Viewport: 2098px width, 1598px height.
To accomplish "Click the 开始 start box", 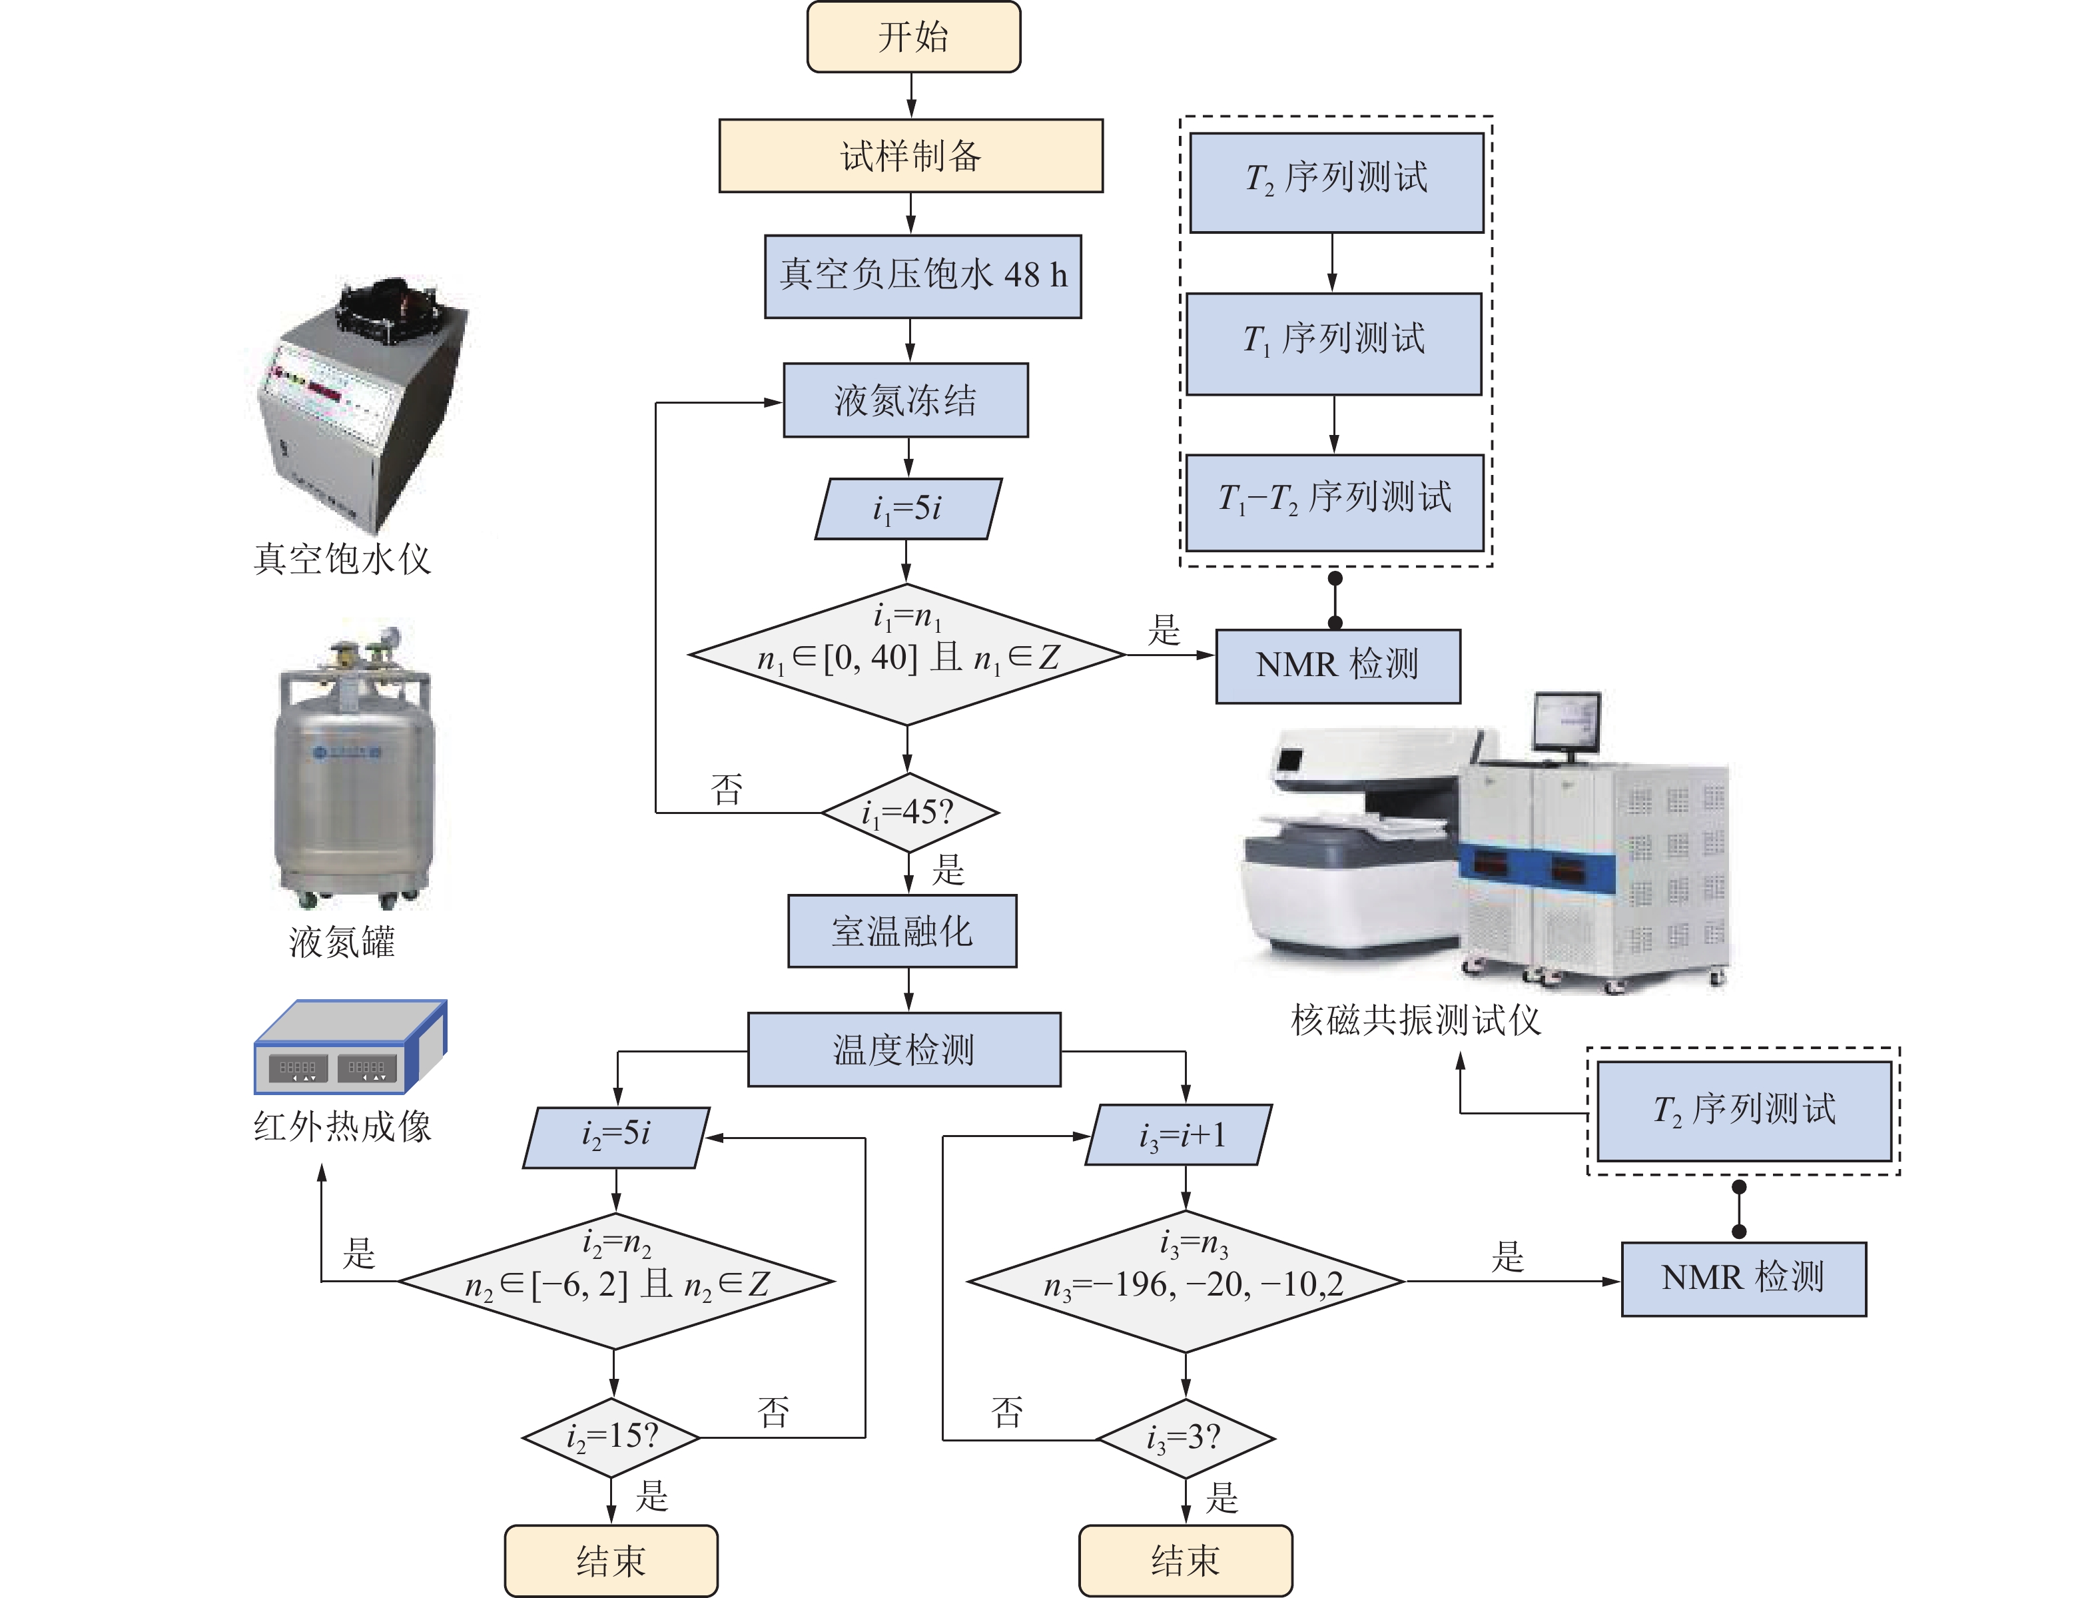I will pyautogui.click(x=913, y=37).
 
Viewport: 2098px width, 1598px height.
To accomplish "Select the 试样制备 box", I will pyautogui.click(x=910, y=156).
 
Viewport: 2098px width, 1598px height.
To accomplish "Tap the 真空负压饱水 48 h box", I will pyautogui.click(x=922, y=276).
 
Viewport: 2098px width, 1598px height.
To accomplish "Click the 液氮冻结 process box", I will pyautogui.click(x=905, y=400).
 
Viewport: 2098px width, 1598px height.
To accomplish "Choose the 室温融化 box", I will pyautogui.click(x=902, y=931).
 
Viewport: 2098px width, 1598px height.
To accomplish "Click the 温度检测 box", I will pyautogui.click(x=904, y=1050).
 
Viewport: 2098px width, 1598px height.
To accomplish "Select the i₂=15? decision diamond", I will pyautogui.click(x=611, y=1436).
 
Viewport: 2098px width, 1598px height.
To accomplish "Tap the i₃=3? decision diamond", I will pyautogui.click(x=1185, y=1438).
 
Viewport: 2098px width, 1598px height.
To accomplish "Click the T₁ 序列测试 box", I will pyautogui.click(x=1333, y=343).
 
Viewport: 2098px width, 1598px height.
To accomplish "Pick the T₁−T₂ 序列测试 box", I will pyautogui.click(x=1334, y=502).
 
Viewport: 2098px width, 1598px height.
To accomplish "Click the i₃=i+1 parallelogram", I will pyautogui.click(x=1180, y=1135).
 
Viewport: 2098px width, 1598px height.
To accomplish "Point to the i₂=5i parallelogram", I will pyautogui.click(x=616, y=1136).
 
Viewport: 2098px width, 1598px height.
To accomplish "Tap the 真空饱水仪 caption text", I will pyautogui.click(x=342, y=560).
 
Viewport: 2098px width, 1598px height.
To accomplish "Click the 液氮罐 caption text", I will pyautogui.click(x=342, y=942).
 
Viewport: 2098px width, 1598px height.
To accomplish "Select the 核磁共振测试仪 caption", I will pyautogui.click(x=1415, y=1020).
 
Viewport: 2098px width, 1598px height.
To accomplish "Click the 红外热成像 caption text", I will pyautogui.click(x=342, y=1127).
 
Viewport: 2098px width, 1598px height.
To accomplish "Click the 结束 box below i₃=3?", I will pyautogui.click(x=1185, y=1560).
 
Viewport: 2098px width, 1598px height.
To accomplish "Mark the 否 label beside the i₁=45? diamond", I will pyautogui.click(x=727, y=789).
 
